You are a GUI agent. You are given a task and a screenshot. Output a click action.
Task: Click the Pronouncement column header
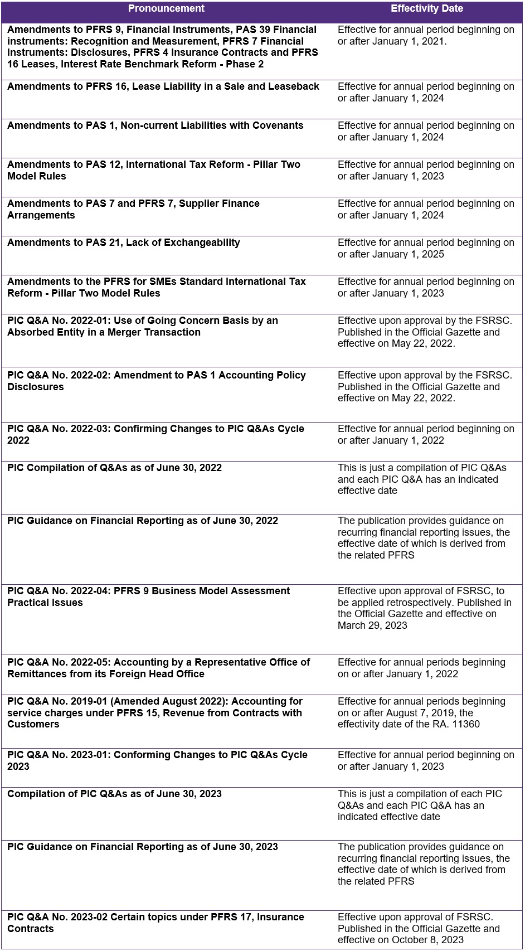click(x=166, y=9)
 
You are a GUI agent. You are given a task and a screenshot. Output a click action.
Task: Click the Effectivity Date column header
click(x=427, y=9)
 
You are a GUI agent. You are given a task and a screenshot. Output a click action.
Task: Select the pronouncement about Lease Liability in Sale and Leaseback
click(x=163, y=87)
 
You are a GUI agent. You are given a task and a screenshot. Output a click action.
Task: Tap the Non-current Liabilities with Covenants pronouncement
click(x=155, y=126)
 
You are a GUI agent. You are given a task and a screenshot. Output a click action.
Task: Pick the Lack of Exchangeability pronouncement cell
click(x=124, y=243)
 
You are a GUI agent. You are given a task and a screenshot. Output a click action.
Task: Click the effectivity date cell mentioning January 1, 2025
click(x=426, y=249)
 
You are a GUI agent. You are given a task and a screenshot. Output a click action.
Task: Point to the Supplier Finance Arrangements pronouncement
click(x=133, y=210)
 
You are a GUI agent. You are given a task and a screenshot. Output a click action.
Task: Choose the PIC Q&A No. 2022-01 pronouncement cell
click(x=143, y=327)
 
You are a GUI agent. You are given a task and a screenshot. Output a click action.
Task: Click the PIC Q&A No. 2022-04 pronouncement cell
click(x=148, y=597)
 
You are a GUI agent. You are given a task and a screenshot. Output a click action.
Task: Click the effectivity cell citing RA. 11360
click(x=421, y=713)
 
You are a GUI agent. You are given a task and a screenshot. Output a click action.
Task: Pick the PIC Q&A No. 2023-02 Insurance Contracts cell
click(x=155, y=923)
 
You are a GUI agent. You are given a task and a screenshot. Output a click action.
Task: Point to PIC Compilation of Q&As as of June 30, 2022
click(x=114, y=468)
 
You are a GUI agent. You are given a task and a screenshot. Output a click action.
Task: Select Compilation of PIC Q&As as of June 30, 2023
click(x=114, y=794)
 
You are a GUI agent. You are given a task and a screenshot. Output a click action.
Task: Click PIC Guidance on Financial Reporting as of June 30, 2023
click(x=143, y=847)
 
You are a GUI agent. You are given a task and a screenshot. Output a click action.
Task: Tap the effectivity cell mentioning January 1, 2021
click(x=426, y=36)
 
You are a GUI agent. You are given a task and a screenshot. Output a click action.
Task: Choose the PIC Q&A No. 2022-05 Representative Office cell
click(x=158, y=668)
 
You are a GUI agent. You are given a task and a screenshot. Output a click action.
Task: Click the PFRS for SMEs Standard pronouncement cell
click(x=157, y=288)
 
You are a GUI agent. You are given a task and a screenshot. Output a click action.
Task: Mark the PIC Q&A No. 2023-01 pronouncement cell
click(x=157, y=761)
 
